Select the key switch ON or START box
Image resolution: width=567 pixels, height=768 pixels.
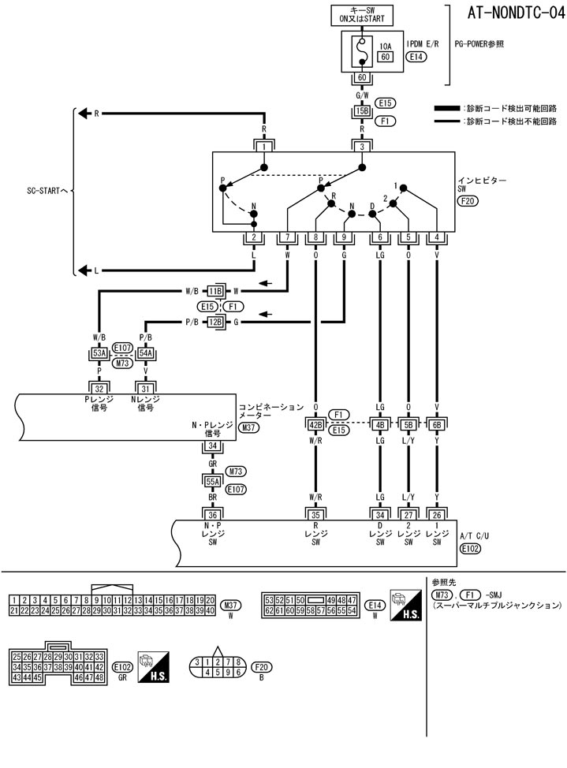362,15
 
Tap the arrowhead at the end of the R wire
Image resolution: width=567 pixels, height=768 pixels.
80,114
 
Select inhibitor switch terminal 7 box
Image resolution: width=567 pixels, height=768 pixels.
288,237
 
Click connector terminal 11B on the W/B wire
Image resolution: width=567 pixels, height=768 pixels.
215,291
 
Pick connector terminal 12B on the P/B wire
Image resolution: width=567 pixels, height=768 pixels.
215,322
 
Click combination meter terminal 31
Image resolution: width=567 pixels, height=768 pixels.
145,388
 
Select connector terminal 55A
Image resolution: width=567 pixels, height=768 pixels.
212,480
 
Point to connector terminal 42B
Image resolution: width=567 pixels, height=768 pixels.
315,426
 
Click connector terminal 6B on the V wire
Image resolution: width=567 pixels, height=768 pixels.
437,426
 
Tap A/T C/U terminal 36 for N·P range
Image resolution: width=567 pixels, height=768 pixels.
212,515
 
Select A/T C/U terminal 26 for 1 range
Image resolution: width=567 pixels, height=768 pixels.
437,515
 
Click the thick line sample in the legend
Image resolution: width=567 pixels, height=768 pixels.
448,107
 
